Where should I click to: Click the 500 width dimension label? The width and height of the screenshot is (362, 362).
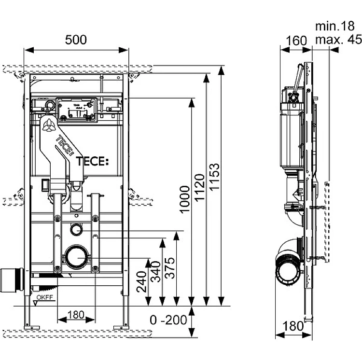(76, 40)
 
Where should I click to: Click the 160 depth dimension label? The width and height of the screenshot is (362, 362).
(295, 41)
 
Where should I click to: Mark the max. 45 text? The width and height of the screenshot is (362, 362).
(338, 40)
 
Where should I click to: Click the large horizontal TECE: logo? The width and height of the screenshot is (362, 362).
(91, 161)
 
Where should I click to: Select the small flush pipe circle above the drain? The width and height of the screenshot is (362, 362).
(76, 229)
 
